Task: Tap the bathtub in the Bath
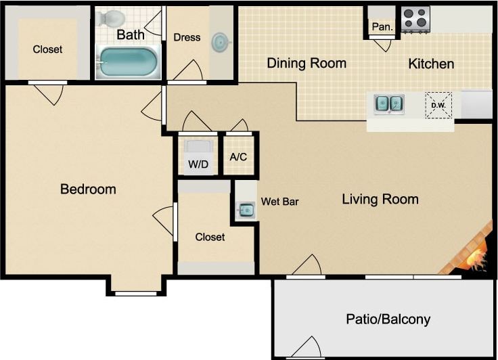point(129,62)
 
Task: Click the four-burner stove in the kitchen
point(415,20)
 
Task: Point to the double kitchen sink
point(389,104)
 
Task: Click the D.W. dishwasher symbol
point(438,105)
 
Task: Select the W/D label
point(198,164)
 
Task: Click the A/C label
point(238,157)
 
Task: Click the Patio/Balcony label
point(388,319)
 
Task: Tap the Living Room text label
point(380,199)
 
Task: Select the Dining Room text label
point(307,63)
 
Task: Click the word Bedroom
point(88,189)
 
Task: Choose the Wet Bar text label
point(279,202)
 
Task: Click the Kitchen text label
point(431,64)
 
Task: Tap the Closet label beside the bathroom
point(47,49)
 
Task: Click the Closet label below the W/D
point(210,237)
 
